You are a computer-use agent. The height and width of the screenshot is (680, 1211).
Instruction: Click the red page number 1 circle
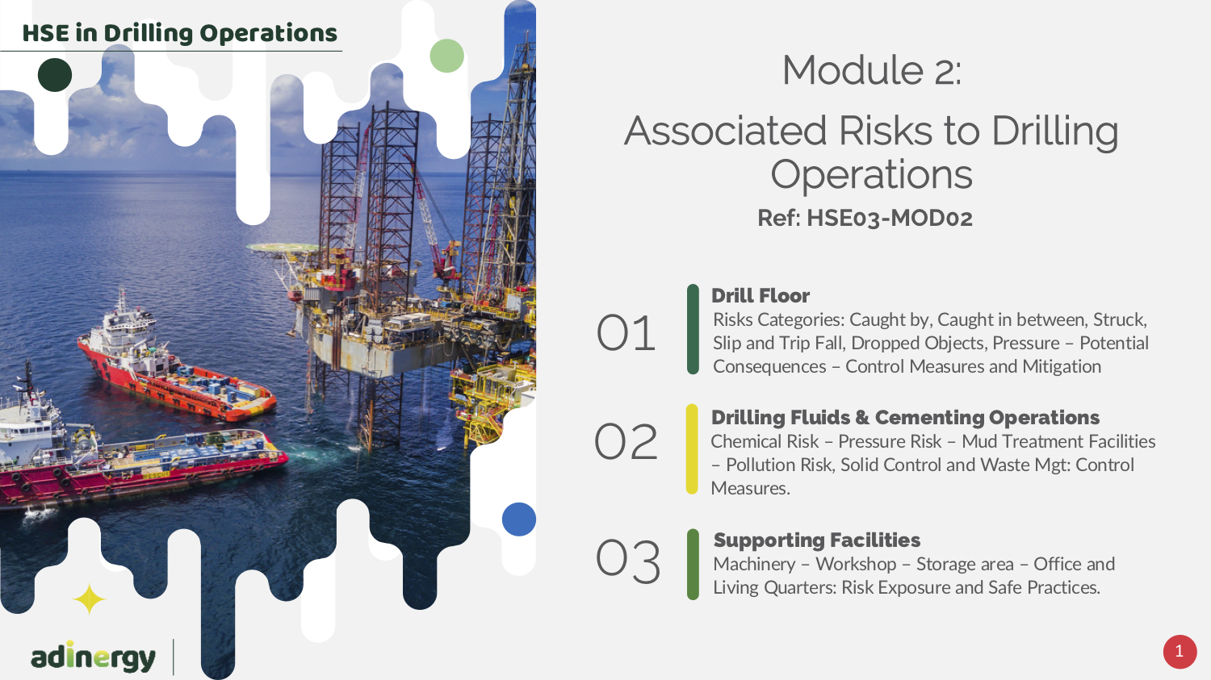click(1180, 652)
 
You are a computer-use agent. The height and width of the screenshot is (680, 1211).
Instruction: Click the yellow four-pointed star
click(89, 599)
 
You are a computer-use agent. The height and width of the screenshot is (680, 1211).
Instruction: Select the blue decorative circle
click(518, 519)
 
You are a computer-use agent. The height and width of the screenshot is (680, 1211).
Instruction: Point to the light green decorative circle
click(446, 56)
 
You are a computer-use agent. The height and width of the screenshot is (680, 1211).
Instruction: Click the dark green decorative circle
click(55, 74)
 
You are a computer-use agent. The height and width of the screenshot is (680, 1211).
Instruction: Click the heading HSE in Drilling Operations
click(179, 33)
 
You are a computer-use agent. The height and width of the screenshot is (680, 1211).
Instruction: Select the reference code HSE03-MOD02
click(890, 219)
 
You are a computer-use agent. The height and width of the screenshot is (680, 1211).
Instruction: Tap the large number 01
click(626, 332)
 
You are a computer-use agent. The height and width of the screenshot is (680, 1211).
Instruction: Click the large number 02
click(626, 441)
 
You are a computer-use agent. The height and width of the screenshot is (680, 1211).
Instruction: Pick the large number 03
click(627, 561)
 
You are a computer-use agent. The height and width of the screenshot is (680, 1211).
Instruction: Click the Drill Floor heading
click(761, 295)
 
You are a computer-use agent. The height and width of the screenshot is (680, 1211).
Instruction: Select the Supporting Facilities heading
click(817, 540)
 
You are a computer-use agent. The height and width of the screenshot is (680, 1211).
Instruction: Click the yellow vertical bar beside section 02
click(692, 448)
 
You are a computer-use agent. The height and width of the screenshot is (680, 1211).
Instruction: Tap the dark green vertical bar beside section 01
click(693, 329)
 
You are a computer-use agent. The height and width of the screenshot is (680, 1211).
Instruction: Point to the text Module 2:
click(871, 70)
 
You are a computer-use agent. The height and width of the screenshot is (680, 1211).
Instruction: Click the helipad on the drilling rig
click(283, 248)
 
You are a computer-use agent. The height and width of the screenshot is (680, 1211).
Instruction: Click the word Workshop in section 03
click(856, 564)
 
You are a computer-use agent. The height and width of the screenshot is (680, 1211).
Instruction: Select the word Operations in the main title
click(871, 174)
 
